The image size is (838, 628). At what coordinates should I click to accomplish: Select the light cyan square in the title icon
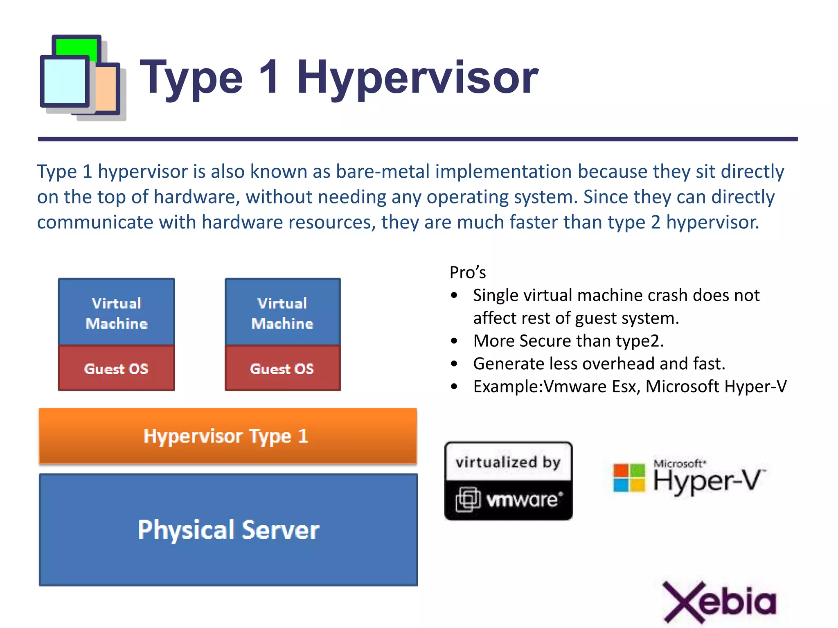pos(64,81)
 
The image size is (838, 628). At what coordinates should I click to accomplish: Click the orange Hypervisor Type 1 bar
pos(228,436)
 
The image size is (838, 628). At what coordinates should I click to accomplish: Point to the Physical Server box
pos(228,530)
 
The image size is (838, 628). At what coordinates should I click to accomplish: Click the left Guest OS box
pos(116,368)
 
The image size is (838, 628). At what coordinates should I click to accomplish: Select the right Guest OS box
pos(282,368)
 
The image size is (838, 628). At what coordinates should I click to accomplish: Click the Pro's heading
pos(467,273)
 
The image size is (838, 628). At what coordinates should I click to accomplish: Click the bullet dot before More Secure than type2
pos(454,341)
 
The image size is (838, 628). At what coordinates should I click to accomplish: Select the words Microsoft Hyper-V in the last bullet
pos(716,386)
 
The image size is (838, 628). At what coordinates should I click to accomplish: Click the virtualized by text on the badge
pos(508,462)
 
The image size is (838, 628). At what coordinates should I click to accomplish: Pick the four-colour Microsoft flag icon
pos(629,478)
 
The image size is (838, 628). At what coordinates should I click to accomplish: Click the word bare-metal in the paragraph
pos(382,171)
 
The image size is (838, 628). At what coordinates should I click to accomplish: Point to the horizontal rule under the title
pos(417,139)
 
